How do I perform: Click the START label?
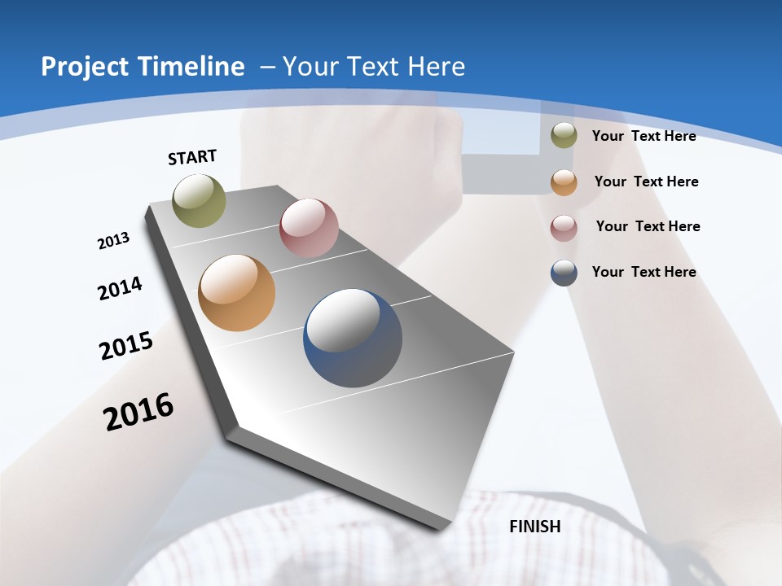192,157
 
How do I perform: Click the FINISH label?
535,527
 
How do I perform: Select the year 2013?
113,241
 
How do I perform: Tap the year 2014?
120,288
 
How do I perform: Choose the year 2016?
138,411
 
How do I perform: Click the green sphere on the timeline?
200,200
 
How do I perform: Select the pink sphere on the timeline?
309,228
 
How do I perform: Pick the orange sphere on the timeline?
236,293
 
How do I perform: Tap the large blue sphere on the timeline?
353,338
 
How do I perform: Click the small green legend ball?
564,136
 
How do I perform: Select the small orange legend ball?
564,181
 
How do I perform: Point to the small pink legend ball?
564,227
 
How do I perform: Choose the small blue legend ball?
564,272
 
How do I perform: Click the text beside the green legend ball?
644,136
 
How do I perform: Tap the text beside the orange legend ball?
646,181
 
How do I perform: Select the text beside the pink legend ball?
648,226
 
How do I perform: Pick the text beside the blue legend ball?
644,272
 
